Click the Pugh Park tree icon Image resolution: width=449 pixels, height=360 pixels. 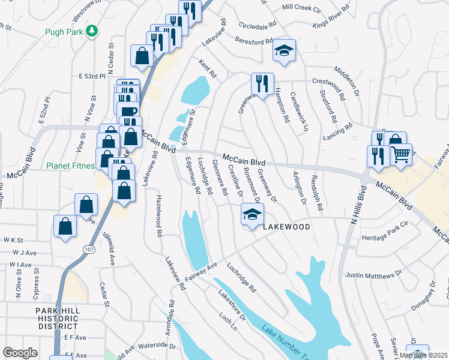tap(91, 30)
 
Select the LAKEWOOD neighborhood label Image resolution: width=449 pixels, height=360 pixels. tap(286, 227)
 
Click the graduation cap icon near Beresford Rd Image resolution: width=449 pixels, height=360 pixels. tap(285, 50)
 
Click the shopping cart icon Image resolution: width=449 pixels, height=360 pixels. tap(400, 154)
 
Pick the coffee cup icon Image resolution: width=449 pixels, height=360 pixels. tap(128, 112)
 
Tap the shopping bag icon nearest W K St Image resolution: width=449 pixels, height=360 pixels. tap(65, 227)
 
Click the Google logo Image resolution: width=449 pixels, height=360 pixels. tap(20, 353)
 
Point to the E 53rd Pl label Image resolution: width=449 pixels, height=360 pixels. tap(92, 77)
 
